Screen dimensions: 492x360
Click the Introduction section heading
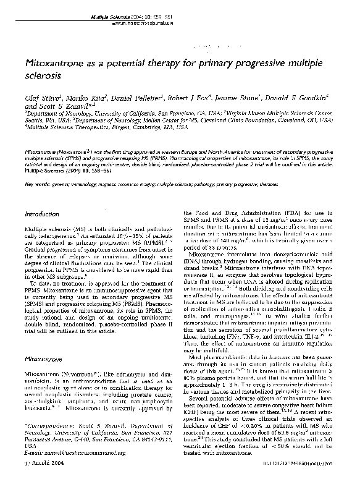click(42, 214)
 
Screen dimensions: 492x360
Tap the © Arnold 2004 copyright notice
click(41, 480)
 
